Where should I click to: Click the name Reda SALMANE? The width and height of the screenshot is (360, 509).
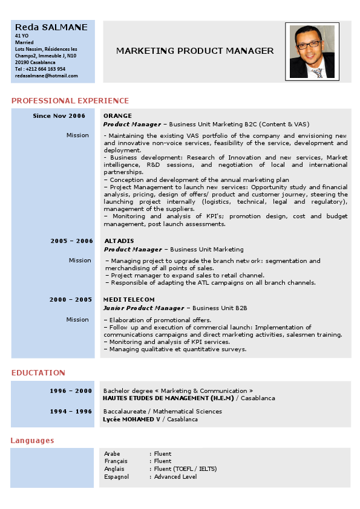[x=51, y=27]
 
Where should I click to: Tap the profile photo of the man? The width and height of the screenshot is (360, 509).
[x=312, y=51]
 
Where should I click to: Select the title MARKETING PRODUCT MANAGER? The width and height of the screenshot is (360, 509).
[x=195, y=51]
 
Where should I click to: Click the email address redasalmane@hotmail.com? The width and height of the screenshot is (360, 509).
[x=47, y=76]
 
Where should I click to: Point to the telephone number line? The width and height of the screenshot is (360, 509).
[x=40, y=69]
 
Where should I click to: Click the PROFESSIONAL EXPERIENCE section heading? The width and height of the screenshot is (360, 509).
[x=70, y=101]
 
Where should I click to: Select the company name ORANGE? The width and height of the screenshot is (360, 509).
[x=117, y=115]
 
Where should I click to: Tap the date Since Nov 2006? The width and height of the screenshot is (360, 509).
[x=59, y=115]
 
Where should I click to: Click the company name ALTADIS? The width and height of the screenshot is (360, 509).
[x=119, y=241]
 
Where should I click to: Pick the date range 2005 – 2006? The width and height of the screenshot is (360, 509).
[x=71, y=241]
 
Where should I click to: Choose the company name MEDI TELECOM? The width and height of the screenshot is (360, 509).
[x=129, y=299]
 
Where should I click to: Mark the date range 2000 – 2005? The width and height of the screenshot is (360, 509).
[x=71, y=299]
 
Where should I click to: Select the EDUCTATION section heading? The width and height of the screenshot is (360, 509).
[x=38, y=373]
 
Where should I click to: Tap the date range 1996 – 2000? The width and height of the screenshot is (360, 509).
[x=71, y=391]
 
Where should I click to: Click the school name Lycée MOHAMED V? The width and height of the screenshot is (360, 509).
[x=131, y=419]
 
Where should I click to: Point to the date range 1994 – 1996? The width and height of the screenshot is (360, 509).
[x=71, y=411]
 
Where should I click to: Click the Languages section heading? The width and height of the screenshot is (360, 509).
[x=32, y=441]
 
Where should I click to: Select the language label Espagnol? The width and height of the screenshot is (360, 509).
[x=116, y=476]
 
